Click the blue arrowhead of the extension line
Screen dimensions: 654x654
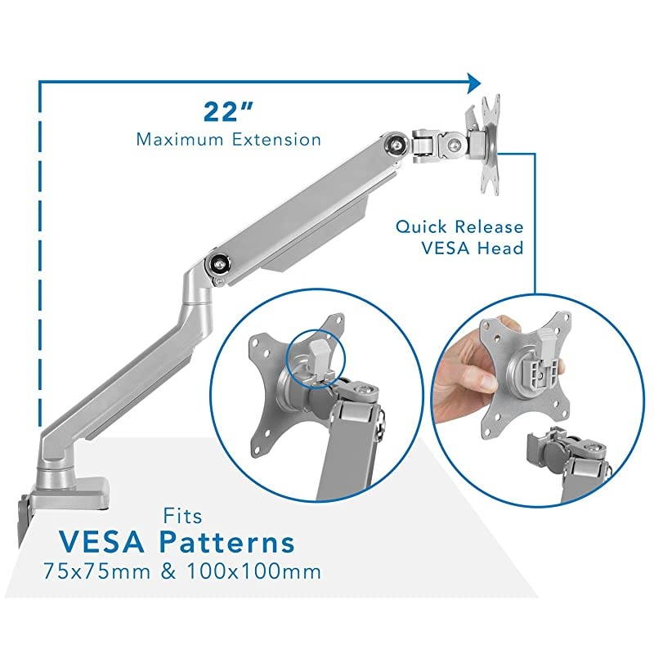click(473, 82)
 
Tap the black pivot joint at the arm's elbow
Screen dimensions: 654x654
click(219, 264)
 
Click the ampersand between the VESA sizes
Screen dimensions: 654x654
click(168, 570)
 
